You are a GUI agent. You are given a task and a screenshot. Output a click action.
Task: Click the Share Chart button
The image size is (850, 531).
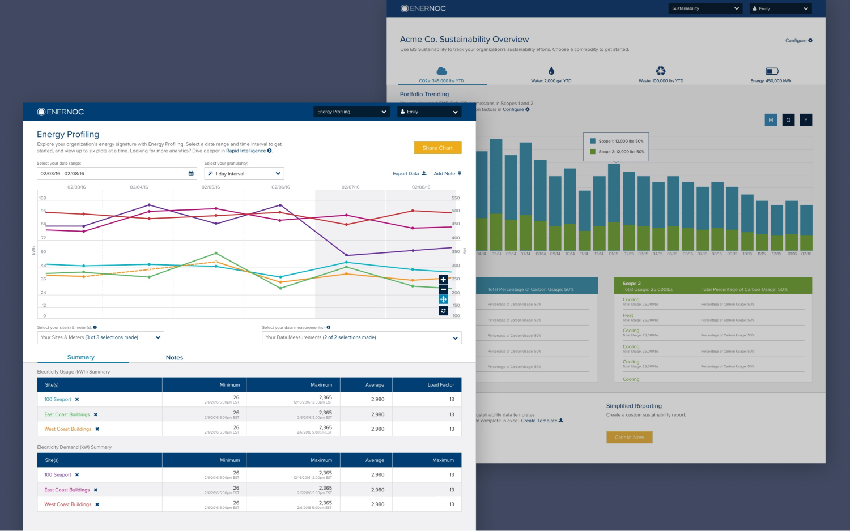click(437, 148)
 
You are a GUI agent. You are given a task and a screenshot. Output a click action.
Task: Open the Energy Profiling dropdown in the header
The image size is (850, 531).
click(352, 112)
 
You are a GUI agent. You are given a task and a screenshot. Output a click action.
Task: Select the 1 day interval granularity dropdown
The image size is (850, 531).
click(244, 174)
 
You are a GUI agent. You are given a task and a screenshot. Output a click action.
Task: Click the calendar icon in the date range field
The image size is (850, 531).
click(191, 174)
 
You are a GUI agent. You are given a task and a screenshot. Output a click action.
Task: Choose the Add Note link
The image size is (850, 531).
click(447, 174)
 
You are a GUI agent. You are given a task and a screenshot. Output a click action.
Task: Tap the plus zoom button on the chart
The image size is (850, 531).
click(443, 280)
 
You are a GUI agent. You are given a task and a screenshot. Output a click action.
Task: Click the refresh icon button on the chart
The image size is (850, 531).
click(443, 311)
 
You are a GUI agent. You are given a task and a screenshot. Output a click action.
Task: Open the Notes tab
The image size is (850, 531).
click(175, 358)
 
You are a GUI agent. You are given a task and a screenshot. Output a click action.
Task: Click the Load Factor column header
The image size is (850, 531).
click(440, 385)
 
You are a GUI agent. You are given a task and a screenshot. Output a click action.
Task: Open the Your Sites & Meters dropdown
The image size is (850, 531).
click(100, 337)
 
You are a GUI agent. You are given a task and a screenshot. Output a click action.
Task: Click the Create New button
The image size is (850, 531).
click(629, 438)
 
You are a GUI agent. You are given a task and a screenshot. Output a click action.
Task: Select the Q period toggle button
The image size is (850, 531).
click(788, 120)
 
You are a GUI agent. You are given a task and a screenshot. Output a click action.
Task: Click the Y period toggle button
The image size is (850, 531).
click(806, 120)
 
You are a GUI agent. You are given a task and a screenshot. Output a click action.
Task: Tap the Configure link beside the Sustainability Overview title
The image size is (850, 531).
click(798, 41)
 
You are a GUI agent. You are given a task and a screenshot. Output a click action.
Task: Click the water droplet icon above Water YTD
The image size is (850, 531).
click(551, 71)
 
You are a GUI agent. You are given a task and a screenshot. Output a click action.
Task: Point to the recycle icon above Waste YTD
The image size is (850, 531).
click(661, 71)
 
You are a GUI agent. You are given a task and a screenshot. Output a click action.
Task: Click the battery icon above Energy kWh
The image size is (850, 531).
click(772, 71)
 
